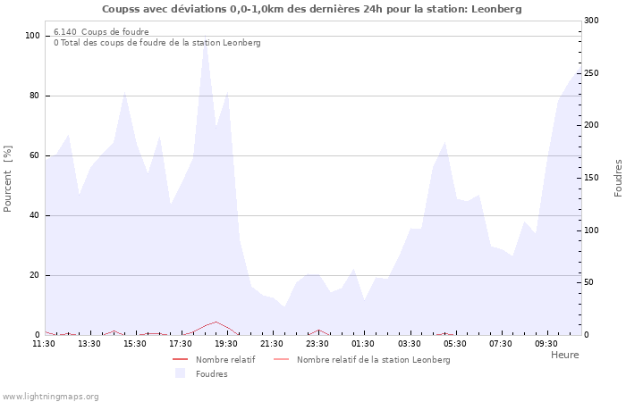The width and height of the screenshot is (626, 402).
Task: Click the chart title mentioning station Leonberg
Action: pos(311,9)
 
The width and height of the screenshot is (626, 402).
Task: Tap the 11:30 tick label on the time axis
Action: pos(44,343)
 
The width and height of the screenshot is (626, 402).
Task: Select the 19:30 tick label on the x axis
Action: pos(226,343)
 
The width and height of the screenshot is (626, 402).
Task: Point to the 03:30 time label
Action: pos(409,343)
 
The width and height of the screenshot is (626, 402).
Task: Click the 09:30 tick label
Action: pos(546,343)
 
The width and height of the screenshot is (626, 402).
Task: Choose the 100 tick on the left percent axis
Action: pos(33,36)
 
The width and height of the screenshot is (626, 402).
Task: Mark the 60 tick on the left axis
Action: pos(35,155)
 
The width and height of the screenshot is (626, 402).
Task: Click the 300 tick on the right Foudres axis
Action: pos(591,21)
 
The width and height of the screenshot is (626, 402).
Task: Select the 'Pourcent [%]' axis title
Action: pos(8,178)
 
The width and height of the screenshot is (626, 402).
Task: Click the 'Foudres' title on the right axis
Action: pos(618,178)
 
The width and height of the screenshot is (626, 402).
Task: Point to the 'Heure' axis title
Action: pos(564,355)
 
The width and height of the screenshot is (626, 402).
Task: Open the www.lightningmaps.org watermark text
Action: pos(51,397)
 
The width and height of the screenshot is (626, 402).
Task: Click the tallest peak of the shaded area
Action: pos(205,39)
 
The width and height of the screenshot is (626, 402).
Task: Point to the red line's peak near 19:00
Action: pos(216,322)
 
